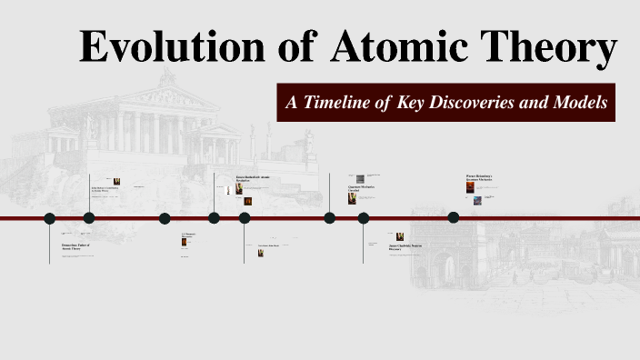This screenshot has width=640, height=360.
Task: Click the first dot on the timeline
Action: point(50,218)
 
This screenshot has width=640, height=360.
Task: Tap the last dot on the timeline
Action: point(454,216)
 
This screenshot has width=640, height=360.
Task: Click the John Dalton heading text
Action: point(106,190)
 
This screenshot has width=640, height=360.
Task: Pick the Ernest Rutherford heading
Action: point(254,179)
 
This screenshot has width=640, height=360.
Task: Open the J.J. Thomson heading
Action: point(188,235)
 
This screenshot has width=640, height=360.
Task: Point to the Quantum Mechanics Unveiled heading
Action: point(362,188)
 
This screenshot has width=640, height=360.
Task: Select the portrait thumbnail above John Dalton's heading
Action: point(116,181)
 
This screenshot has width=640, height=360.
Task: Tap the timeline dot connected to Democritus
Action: point(50,218)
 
